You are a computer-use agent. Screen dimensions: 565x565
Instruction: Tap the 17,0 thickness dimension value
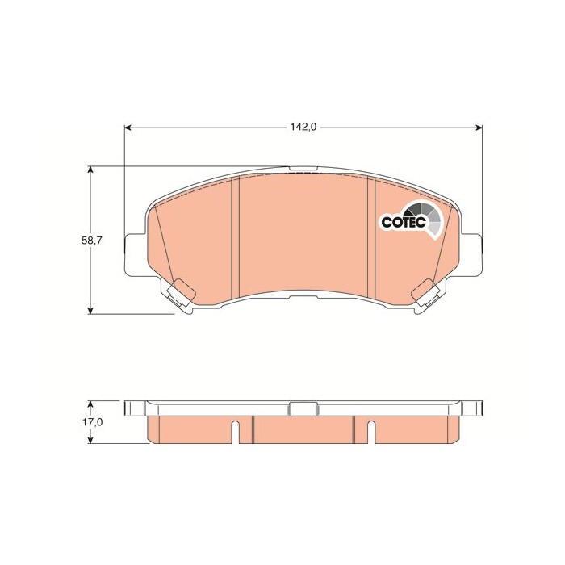[94, 422]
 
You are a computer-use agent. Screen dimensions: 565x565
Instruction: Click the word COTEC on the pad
[397, 221]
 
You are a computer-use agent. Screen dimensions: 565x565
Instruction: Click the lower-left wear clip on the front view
[182, 295]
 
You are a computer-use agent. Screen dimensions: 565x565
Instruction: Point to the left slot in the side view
[234, 432]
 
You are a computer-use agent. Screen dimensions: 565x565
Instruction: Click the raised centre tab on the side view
[303, 408]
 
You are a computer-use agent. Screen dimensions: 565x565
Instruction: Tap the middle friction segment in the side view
[303, 429]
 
